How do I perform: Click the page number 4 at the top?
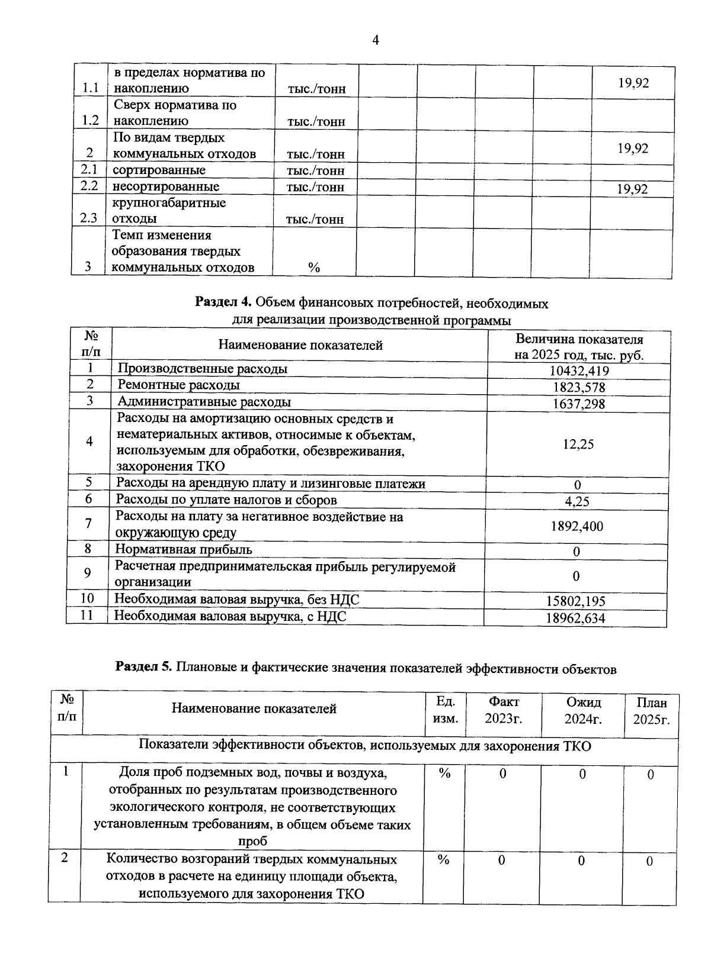pyautogui.click(x=375, y=40)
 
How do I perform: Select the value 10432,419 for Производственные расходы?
pyautogui.click(x=579, y=371)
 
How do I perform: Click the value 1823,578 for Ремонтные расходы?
pyautogui.click(x=579, y=388)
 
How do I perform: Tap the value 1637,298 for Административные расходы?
pyautogui.click(x=579, y=404)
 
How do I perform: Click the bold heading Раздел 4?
pyautogui.click(x=224, y=304)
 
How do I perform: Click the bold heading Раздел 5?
pyautogui.click(x=143, y=668)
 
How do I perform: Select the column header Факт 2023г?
pyautogui.click(x=504, y=710)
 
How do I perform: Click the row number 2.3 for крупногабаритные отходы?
pyautogui.click(x=88, y=218)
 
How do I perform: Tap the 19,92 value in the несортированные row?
pyautogui.click(x=632, y=189)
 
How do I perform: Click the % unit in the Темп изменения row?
pyautogui.click(x=314, y=268)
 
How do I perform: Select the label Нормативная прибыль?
pyautogui.click(x=184, y=550)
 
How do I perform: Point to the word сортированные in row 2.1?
pyautogui.click(x=159, y=170)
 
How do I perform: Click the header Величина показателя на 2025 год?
pyautogui.click(x=579, y=347)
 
